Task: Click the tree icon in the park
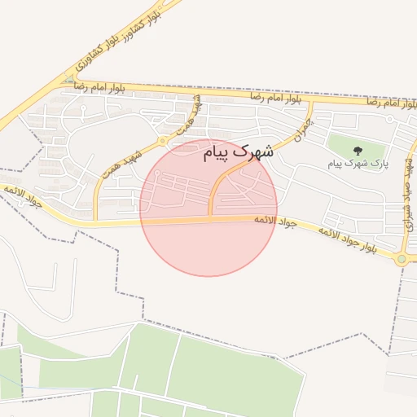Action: pos(357,149)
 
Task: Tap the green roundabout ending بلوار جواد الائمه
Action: pos(401,259)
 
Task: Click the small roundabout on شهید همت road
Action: pos(163,140)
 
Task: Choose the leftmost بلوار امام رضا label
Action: pos(99,86)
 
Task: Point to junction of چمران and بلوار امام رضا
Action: pos(310,103)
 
